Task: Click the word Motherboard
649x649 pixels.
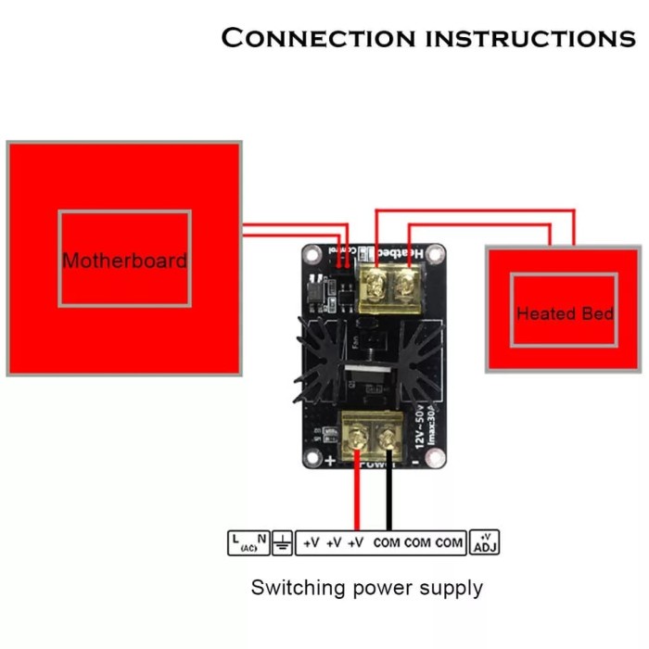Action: point(124,261)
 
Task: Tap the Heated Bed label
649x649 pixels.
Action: point(565,313)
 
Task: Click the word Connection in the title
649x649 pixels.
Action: point(319,38)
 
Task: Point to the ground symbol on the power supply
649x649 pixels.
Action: point(282,542)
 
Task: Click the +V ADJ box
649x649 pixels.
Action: point(485,542)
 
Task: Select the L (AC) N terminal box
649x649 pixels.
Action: point(248,542)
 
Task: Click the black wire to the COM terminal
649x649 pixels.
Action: point(389,496)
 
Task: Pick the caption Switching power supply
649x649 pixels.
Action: point(366,587)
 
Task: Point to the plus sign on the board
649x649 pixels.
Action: point(330,459)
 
